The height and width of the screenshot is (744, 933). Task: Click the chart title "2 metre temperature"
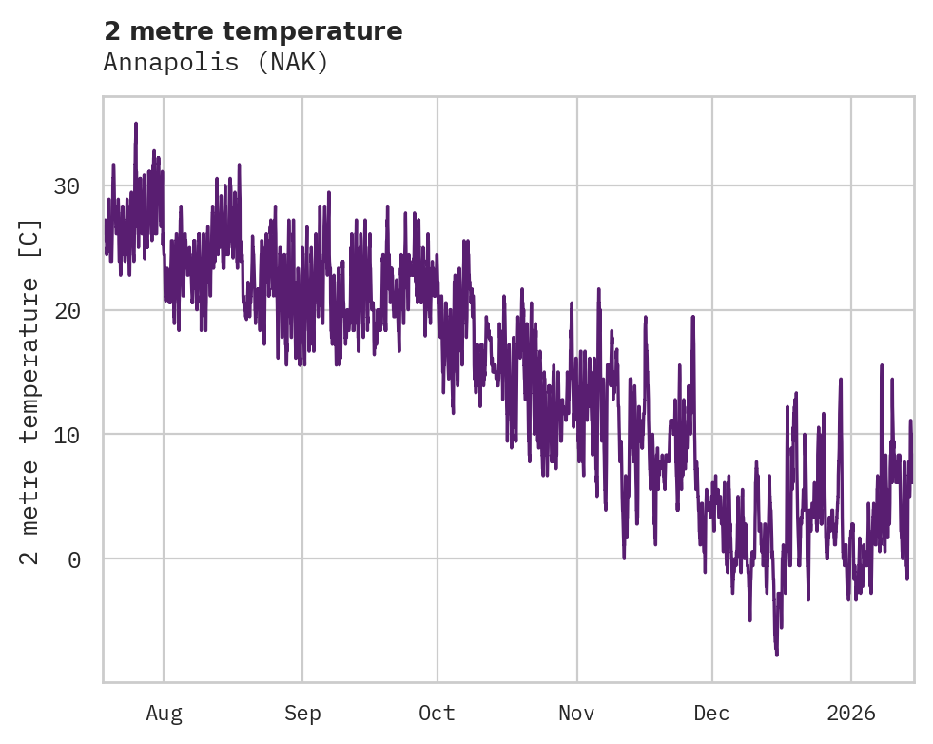[253, 31]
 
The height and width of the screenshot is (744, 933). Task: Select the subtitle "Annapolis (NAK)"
[216, 63]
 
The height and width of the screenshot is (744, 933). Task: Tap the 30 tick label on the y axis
[67, 186]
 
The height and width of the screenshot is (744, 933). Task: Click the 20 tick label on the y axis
[67, 310]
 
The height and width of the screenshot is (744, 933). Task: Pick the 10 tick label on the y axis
[67, 435]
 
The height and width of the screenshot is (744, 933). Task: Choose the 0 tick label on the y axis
[74, 558]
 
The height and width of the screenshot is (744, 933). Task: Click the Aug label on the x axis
[164, 714]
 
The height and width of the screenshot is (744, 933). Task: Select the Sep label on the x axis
[302, 714]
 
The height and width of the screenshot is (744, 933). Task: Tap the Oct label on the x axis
[437, 714]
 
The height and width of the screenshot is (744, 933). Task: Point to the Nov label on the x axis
[576, 714]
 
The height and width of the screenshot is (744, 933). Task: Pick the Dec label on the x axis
[712, 714]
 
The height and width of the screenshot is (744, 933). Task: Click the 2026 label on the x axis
[851, 714]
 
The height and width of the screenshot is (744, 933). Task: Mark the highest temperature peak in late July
[136, 124]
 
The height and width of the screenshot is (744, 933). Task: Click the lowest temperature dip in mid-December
[776, 654]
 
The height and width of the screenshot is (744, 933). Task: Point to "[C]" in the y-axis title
[31, 239]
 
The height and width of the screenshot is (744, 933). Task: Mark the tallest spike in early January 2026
[882, 365]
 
